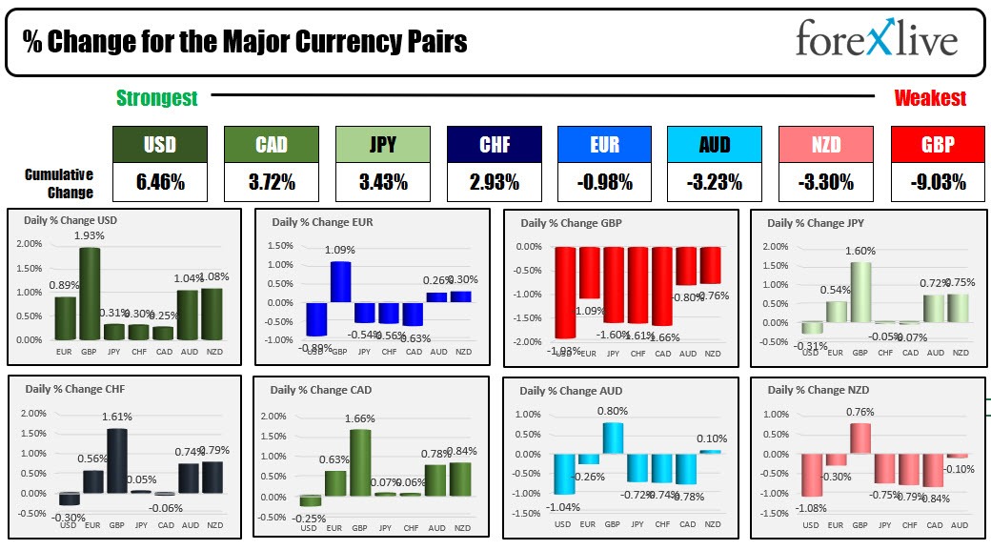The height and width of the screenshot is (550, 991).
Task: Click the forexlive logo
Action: coord(876,41)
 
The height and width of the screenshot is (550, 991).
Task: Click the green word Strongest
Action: coord(156,98)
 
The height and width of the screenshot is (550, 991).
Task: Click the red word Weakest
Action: coord(929,98)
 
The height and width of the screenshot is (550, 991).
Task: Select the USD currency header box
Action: coord(159,145)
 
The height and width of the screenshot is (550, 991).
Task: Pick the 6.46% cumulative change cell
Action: coord(159,181)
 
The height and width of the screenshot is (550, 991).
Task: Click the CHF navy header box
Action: coord(494,145)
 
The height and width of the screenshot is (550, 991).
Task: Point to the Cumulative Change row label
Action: coord(59,183)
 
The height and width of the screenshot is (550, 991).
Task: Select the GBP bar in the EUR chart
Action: coord(341,281)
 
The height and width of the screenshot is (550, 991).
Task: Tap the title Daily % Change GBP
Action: coord(571,223)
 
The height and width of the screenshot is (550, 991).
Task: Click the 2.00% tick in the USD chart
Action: coord(29,244)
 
